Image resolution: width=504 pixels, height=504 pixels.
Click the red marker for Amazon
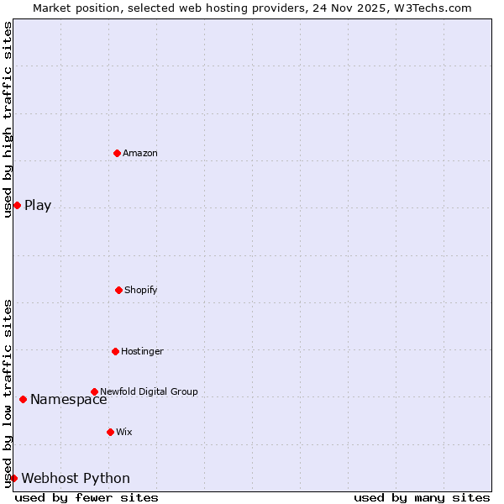117,153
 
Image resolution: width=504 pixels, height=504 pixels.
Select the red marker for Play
17,205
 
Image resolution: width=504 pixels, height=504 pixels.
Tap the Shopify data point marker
118,290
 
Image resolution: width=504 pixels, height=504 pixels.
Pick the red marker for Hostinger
115,351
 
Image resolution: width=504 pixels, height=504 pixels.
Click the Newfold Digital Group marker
94,391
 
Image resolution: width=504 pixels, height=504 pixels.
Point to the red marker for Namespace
23,399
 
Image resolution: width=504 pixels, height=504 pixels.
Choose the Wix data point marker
110,432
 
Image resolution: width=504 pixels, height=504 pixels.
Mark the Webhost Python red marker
13,478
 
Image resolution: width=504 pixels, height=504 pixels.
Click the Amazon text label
140,153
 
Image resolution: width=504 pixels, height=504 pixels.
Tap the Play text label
38,206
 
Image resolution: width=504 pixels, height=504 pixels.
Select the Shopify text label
141,290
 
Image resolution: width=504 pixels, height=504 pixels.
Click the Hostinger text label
142,351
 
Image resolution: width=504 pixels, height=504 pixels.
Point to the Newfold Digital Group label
149,391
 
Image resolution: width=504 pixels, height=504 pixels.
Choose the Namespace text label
68,400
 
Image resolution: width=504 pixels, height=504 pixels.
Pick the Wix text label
124,432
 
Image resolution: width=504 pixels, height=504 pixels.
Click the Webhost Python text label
76,479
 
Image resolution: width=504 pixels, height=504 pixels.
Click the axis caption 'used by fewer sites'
87,497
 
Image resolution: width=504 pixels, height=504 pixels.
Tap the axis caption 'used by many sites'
422,497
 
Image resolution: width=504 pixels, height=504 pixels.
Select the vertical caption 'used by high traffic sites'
8,119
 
